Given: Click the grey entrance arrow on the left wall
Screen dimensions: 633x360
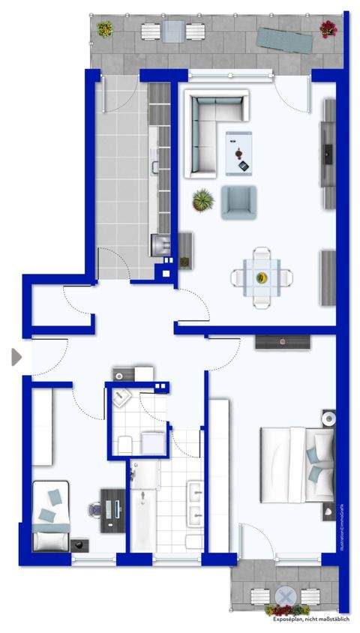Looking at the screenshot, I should tap(16, 357).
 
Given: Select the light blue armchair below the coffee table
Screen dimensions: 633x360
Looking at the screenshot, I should tap(238, 202).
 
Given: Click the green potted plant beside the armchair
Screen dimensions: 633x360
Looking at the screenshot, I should tap(202, 200).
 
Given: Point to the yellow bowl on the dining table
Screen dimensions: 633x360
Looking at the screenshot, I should tap(262, 278).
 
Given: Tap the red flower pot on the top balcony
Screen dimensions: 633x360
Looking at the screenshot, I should tap(328, 29).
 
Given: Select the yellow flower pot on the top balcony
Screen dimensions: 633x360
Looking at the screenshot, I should tap(104, 29).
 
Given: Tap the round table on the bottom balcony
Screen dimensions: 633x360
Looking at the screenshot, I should tap(285, 597).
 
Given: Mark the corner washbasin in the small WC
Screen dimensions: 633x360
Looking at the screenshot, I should tap(120, 398).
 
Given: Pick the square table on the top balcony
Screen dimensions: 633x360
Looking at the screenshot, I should tap(174, 31).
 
